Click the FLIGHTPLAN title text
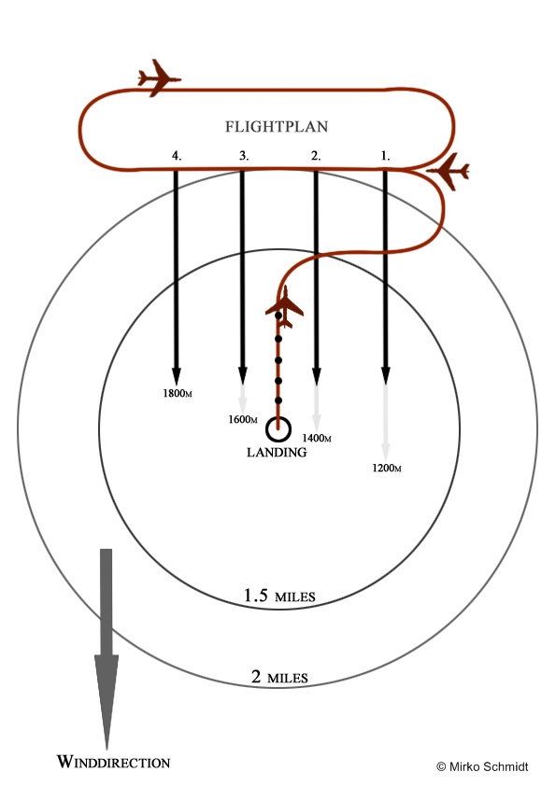[277, 126]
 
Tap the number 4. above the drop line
[176, 156]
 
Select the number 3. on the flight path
[244, 156]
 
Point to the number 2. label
[316, 156]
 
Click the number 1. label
[385, 156]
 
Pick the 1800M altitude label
[178, 394]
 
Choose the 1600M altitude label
[243, 419]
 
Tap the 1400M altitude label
[317, 438]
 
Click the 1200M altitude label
[386, 469]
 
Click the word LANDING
[277, 453]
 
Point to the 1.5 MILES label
[279, 596]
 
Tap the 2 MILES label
[279, 677]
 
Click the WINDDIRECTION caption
[113, 762]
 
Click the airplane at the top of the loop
[159, 78]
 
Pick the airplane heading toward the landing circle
[284, 307]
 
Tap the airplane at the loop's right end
[449, 172]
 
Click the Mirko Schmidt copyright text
[482, 766]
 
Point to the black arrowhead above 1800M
[176, 376]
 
